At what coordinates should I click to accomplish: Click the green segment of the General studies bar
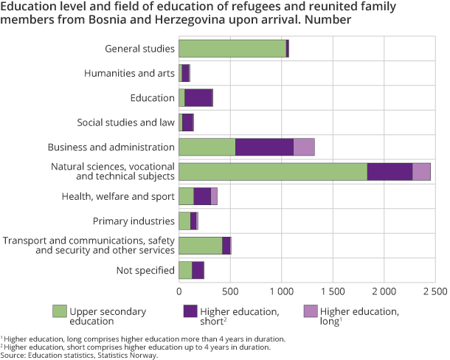(232, 49)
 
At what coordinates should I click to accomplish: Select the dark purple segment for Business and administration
(264, 147)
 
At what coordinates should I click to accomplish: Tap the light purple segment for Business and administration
(304, 147)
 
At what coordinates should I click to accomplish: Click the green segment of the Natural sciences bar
(272, 171)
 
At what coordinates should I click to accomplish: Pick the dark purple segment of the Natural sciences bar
(390, 171)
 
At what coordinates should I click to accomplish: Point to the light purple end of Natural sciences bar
(421, 171)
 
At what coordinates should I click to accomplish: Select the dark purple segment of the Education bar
(198, 97)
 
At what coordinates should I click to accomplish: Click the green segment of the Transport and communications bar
(200, 245)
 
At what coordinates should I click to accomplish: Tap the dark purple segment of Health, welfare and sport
(202, 195)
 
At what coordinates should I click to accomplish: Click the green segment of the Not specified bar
(185, 270)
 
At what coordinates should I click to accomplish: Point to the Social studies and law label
(125, 122)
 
